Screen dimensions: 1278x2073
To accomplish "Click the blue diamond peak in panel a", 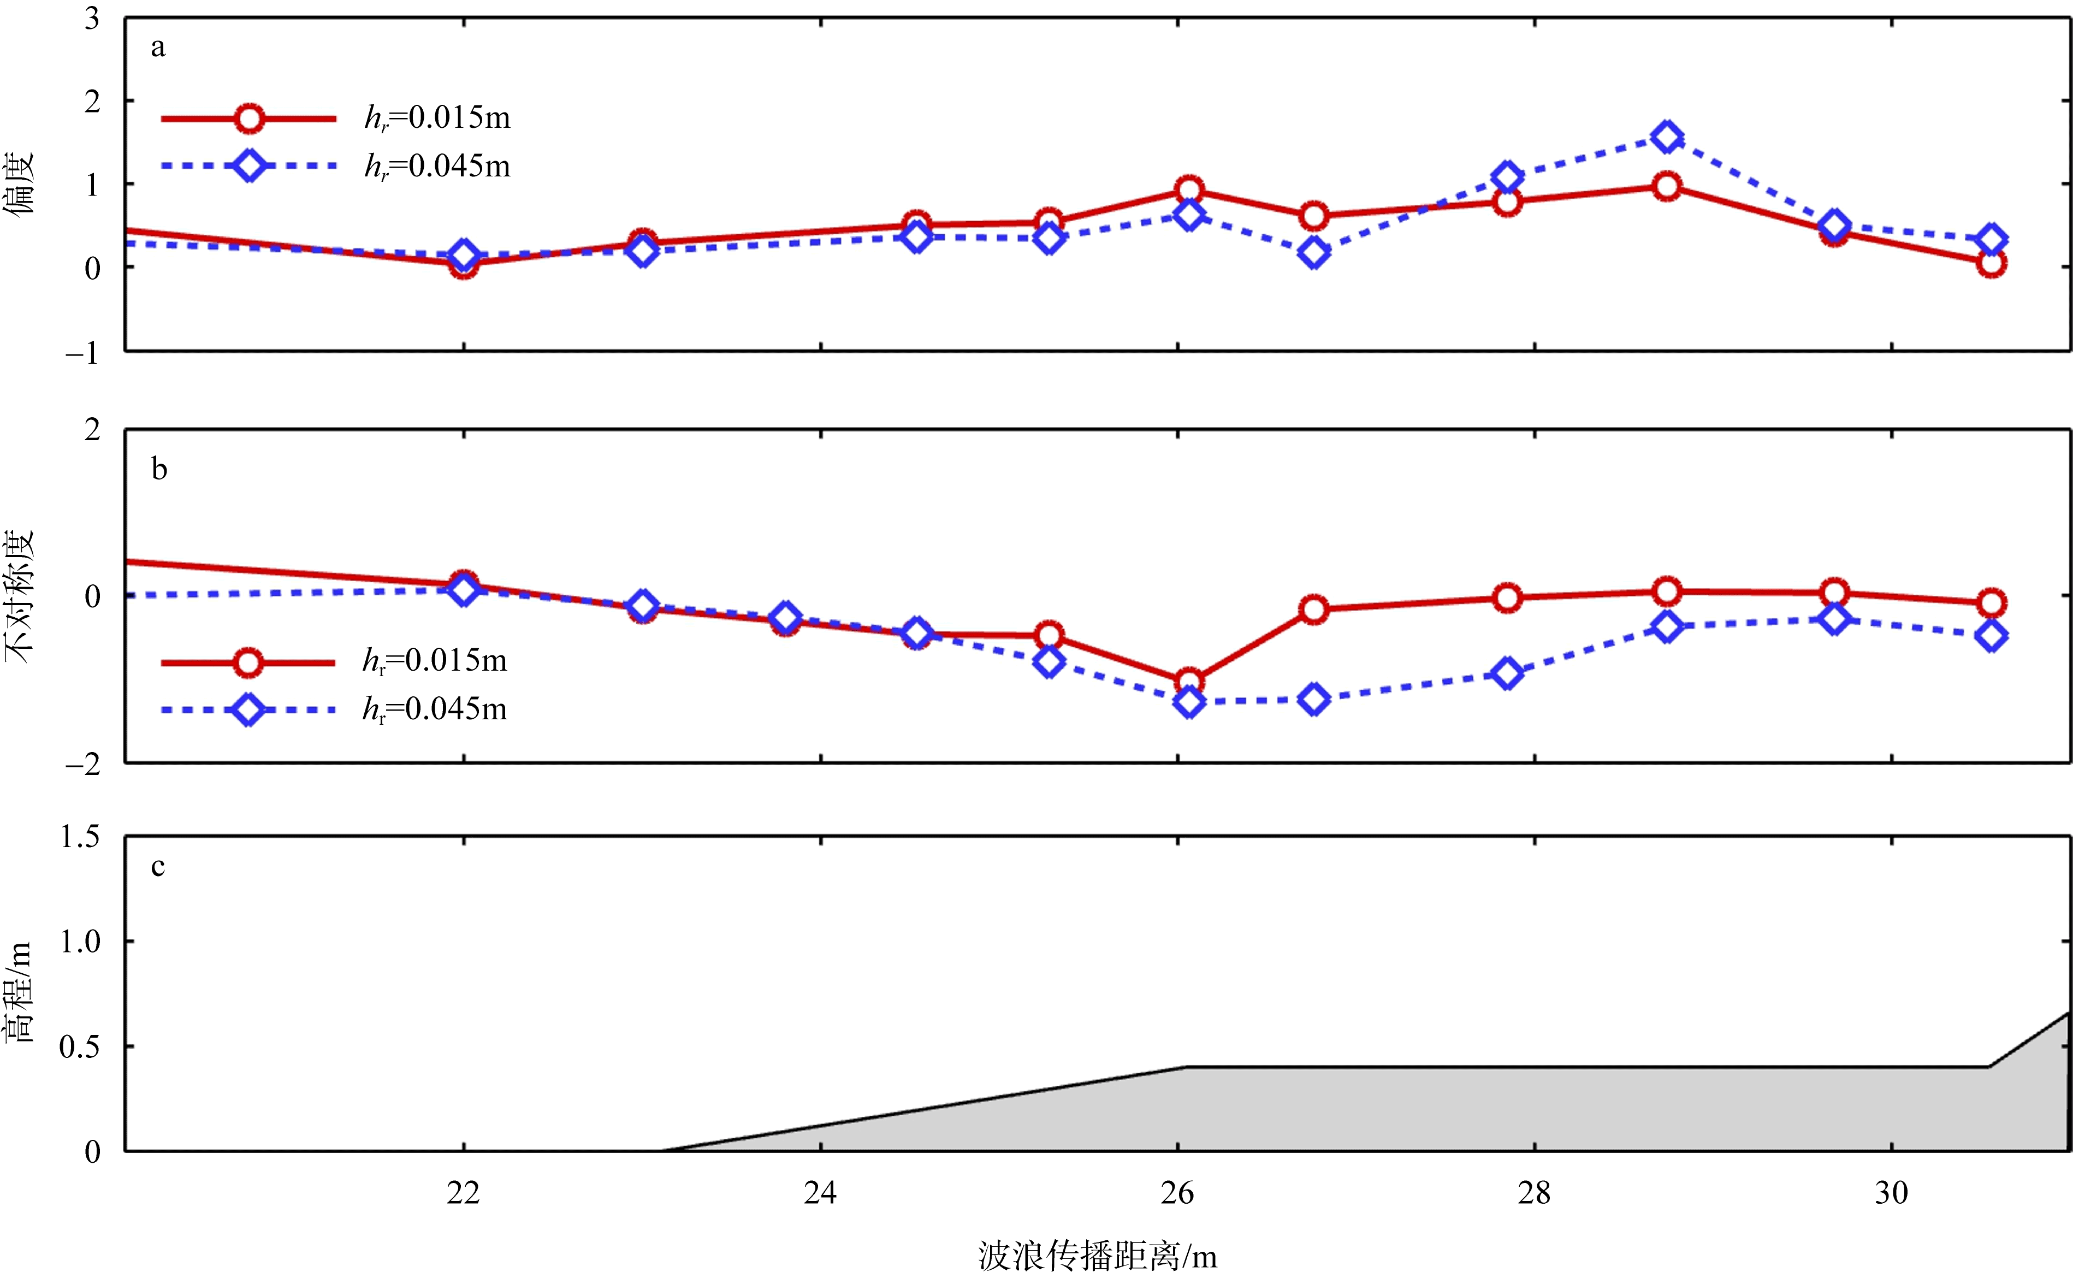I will pyautogui.click(x=1666, y=137).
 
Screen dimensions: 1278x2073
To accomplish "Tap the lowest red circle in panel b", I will pyautogui.click(x=1189, y=681).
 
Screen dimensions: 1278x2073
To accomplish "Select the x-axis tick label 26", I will pyautogui.click(x=1177, y=1193).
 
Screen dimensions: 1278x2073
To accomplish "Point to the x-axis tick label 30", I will pyautogui.click(x=1891, y=1193).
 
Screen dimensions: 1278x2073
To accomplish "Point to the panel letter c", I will pyautogui.click(x=158, y=867).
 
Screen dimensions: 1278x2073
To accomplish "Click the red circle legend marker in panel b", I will pyautogui.click(x=247, y=662).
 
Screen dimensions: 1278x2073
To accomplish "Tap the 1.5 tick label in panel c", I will pyautogui.click(x=79, y=836).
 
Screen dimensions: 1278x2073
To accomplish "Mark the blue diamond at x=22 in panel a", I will pyautogui.click(x=463, y=255).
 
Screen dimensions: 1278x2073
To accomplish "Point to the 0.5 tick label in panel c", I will pyautogui.click(x=79, y=1046).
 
